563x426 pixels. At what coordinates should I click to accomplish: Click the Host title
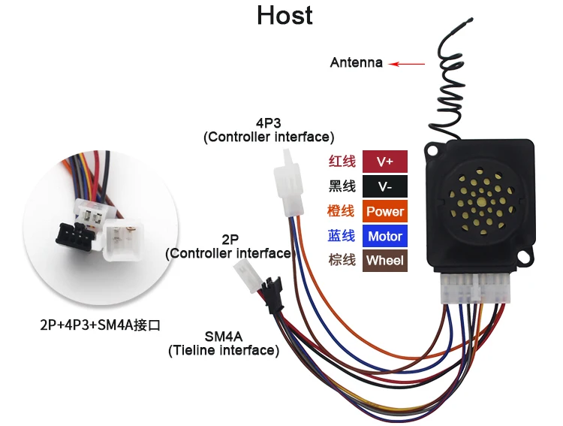(x=285, y=15)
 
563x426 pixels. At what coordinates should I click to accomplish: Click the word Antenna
(x=356, y=62)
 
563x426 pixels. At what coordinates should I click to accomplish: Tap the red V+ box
(x=384, y=162)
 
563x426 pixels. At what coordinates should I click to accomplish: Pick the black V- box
(x=384, y=186)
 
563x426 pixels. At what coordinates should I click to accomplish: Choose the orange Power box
(x=384, y=211)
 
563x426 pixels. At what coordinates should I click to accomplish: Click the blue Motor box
(x=384, y=236)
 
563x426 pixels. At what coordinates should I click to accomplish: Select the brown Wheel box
(x=384, y=261)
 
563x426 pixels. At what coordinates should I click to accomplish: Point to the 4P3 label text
(x=268, y=122)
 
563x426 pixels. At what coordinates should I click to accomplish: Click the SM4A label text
(x=224, y=336)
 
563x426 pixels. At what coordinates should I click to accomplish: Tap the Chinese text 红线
(x=342, y=162)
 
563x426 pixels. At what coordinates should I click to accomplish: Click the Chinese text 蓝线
(x=342, y=236)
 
